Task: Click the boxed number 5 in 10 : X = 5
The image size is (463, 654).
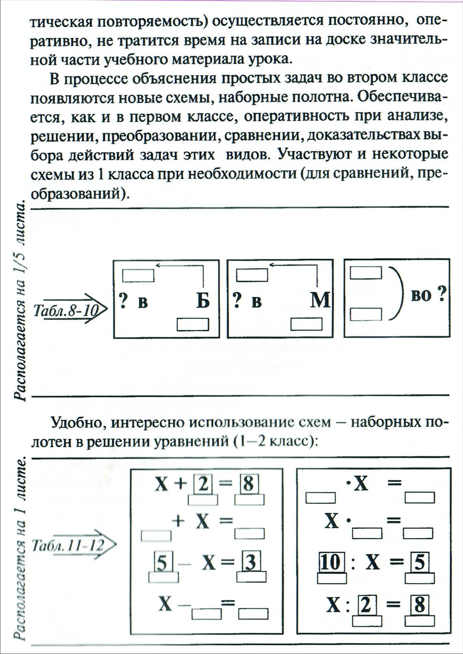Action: click(420, 563)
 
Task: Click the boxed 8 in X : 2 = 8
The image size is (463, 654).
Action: click(420, 606)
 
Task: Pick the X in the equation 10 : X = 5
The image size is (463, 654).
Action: click(372, 563)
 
